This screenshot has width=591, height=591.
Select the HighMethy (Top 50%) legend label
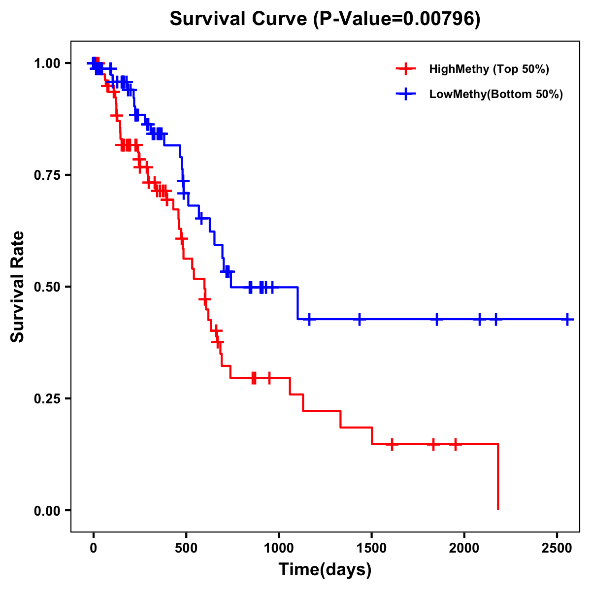[489, 69]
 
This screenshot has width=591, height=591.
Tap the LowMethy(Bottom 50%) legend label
[496, 94]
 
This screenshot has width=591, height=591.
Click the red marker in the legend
[406, 69]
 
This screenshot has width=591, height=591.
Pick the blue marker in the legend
[406, 94]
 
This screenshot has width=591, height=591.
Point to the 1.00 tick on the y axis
[46, 63]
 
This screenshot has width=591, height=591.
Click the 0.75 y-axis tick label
[46, 175]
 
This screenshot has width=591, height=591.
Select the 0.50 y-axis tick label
[46, 287]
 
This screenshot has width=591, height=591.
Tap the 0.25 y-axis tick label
[46, 398]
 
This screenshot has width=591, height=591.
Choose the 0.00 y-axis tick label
[46, 510]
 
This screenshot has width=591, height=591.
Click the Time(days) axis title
[325, 570]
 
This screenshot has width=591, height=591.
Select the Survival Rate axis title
[18, 287]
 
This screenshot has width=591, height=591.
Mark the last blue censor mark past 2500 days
[567, 319]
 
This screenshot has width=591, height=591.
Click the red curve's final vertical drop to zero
[498, 477]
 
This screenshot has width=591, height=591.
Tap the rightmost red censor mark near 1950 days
[456, 444]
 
